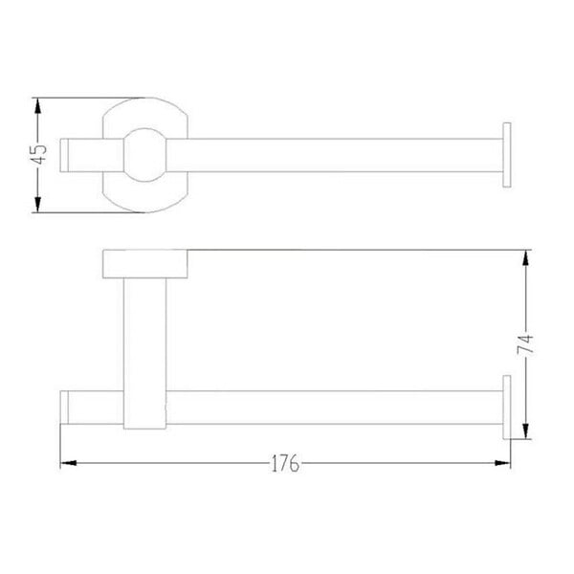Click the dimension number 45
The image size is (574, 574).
[38, 154]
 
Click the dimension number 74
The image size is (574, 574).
[525, 344]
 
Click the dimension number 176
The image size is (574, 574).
[285, 463]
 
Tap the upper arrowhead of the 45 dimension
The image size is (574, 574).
[37, 106]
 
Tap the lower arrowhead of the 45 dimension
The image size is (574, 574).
[37, 205]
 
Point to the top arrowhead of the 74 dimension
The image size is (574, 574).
[525, 257]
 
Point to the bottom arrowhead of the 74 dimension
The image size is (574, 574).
[525, 431]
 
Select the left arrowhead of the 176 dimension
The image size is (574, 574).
[69, 463]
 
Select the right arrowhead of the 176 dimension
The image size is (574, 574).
[502, 463]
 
